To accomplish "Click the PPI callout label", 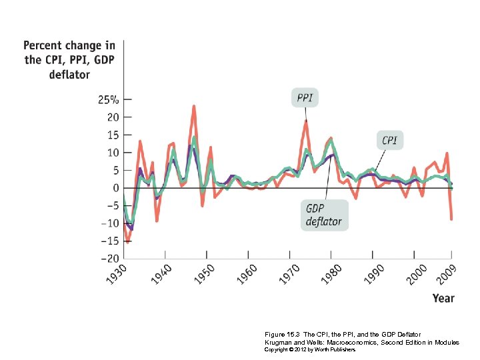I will click(x=305, y=99).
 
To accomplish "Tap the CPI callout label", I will click(x=389, y=141).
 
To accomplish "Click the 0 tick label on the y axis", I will click(x=115, y=188).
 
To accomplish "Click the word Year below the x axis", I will click(x=443, y=298).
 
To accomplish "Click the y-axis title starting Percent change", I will click(x=69, y=60).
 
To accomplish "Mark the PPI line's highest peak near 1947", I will click(x=193, y=106).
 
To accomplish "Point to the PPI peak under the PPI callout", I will click(x=305, y=121).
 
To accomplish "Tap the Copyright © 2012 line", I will click(x=311, y=349).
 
